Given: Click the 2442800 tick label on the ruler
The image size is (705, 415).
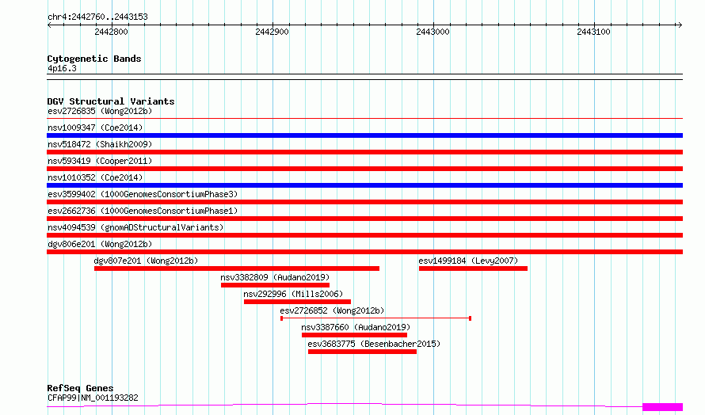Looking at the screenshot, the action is pos(111,32).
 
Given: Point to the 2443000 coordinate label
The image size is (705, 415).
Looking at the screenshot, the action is pos(433,32).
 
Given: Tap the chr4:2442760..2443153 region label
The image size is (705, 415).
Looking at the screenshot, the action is pos(97,17).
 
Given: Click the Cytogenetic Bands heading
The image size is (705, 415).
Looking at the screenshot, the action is pos(94,59).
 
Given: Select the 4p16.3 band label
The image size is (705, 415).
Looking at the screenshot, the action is pos(62,68).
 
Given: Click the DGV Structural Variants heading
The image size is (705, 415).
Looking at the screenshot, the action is pos(111,101).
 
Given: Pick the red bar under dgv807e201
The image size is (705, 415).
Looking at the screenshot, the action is pos(237,268).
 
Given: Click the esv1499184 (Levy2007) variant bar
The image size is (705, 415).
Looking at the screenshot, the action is pos(473,268).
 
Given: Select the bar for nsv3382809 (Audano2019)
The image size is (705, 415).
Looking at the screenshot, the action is pos(275,285).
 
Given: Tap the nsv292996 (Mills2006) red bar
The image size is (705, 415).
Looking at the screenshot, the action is pos(297,302).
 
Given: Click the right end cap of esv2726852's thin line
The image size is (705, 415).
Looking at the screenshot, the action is pos(470,318).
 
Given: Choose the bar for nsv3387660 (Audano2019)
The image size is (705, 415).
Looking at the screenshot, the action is pos(354,335).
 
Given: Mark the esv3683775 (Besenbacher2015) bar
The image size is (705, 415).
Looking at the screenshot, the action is pos(362,352).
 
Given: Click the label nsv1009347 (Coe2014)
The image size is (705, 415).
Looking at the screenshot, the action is pos(95,128).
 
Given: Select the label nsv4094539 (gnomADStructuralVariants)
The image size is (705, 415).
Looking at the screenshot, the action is pos(135,227).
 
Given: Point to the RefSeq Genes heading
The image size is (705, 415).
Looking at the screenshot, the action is pos(80,388).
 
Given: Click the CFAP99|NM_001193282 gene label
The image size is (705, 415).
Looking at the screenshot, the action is pos(93,398).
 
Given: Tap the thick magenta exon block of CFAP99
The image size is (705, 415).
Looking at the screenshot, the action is pos(662,407).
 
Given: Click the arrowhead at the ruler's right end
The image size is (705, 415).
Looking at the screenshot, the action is pos(680,25).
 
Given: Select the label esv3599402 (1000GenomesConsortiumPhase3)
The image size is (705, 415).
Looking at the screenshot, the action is pos(143,194).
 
